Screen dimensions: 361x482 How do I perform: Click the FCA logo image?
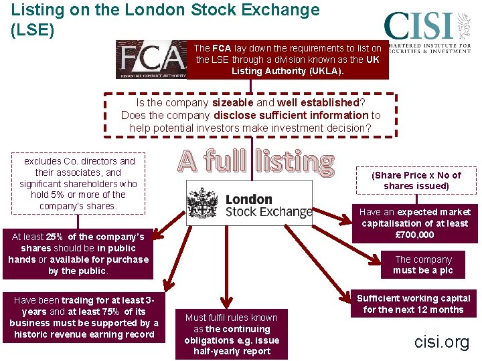point(151,59)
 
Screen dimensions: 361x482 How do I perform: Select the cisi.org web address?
point(441,342)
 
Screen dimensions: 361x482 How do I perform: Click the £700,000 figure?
point(415,235)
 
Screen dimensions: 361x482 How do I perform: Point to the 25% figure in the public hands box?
point(55,237)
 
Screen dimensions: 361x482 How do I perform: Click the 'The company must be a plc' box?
point(422,265)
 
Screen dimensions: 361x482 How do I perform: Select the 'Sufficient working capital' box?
point(413,304)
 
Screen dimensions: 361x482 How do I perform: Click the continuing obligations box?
point(232,334)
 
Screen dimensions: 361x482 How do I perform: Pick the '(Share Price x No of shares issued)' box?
point(416,180)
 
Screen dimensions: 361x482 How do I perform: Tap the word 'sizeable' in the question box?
point(233,103)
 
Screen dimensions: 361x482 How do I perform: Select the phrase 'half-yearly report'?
point(232,352)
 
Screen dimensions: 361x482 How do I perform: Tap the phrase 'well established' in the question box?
point(319,103)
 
